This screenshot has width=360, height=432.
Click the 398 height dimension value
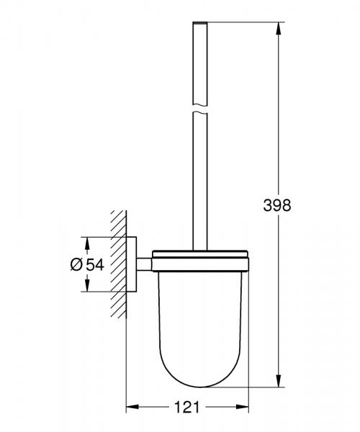click(x=277, y=205)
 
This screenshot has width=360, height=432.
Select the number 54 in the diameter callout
click(x=96, y=264)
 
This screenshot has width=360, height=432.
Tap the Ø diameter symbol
click(x=77, y=264)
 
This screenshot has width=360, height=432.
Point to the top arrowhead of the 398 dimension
click(x=277, y=26)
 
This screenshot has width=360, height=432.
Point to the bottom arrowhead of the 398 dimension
click(x=277, y=386)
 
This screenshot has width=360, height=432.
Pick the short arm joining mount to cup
click(x=145, y=264)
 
